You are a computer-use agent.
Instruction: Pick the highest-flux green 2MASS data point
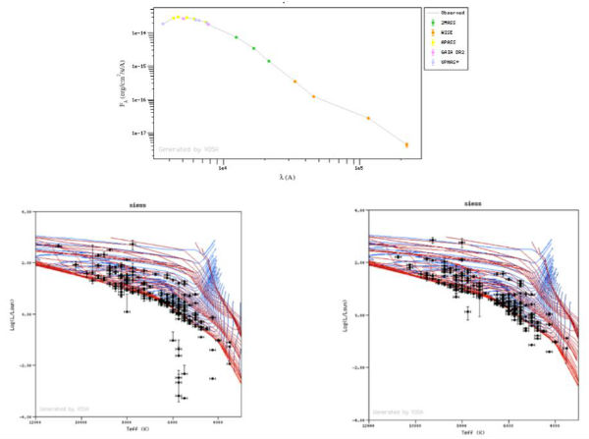pos(236,37)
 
